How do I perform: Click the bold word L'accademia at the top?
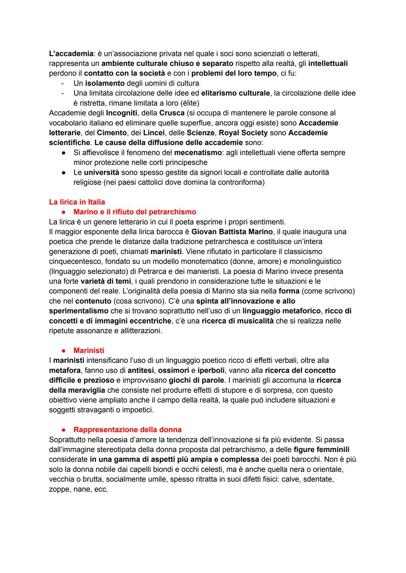tap(71, 54)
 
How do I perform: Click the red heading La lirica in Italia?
tap(77, 202)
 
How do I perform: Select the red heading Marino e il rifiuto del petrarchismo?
tap(135, 212)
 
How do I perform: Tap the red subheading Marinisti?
tap(89, 351)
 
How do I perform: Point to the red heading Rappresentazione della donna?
tap(127, 429)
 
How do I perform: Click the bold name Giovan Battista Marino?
tap(232, 232)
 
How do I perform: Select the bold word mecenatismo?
tap(197, 153)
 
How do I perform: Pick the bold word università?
tap(101, 172)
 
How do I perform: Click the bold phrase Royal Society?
tap(243, 133)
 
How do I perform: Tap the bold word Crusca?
tap(172, 113)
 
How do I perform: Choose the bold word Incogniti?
tap(121, 113)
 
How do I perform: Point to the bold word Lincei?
tap(154, 133)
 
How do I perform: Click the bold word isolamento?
tap(105, 83)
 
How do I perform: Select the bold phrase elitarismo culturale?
tap(235, 93)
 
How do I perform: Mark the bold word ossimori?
tap(173, 370)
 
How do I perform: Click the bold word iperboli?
tap(211, 370)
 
